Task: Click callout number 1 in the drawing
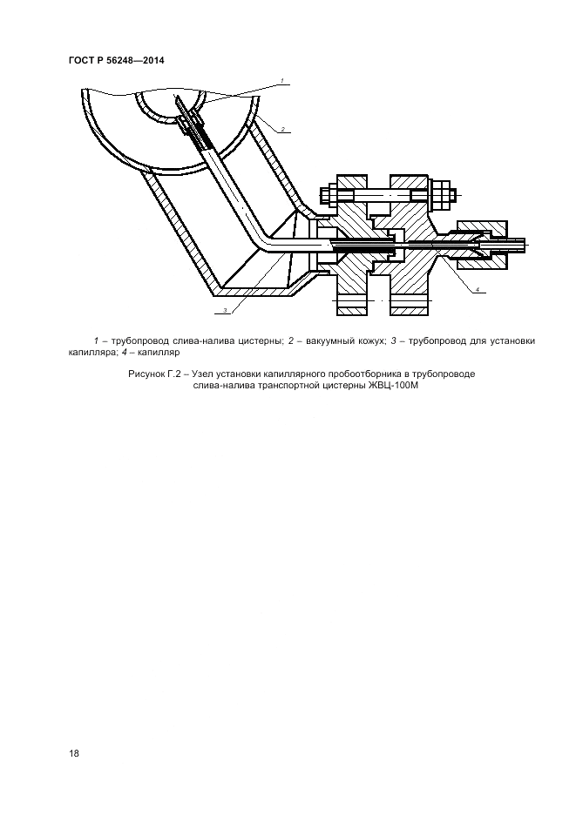(x=281, y=81)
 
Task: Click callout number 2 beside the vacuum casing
(x=282, y=128)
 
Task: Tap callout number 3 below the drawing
(x=225, y=310)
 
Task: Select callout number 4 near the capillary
(x=478, y=289)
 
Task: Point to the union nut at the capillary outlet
(x=482, y=245)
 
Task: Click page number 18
(x=74, y=753)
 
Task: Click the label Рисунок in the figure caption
(x=146, y=374)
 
